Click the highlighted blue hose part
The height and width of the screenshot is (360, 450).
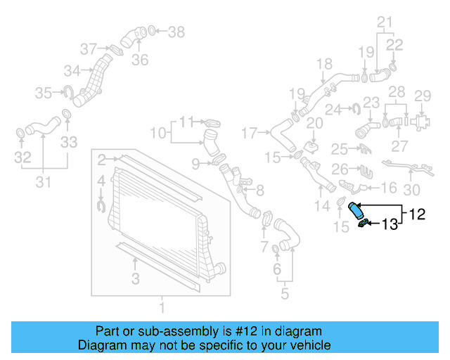(356, 211)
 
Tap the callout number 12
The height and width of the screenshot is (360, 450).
(418, 214)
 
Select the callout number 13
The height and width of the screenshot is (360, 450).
(390, 224)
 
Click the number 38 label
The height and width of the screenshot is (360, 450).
(176, 31)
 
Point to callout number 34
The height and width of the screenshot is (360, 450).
(72, 70)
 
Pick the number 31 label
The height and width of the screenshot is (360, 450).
(44, 183)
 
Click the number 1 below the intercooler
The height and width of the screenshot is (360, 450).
(162, 307)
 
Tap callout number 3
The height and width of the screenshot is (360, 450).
(135, 279)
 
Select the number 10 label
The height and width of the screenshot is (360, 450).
(158, 131)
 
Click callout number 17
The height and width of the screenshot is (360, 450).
(250, 131)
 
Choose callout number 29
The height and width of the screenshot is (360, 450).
(422, 96)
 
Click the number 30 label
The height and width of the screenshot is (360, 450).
(412, 189)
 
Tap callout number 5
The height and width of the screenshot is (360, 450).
(284, 294)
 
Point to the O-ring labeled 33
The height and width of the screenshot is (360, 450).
(66, 115)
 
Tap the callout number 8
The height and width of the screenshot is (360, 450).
(260, 189)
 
